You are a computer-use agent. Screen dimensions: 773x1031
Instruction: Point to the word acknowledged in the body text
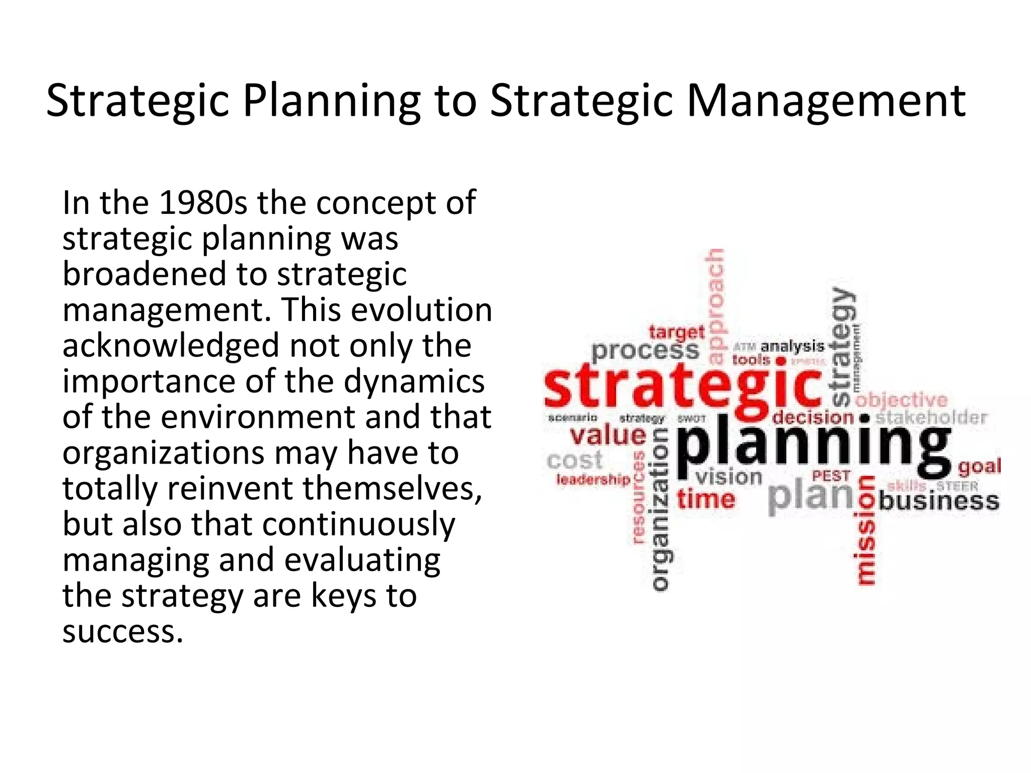coord(171,346)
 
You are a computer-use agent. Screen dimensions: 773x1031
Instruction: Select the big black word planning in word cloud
coord(813,446)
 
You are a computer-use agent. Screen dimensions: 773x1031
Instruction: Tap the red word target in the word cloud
coord(676,332)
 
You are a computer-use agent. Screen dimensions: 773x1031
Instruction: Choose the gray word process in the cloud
coord(645,351)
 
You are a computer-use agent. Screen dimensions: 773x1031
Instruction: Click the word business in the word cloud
coord(939,501)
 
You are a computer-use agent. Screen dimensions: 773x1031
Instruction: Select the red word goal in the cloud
coord(979,467)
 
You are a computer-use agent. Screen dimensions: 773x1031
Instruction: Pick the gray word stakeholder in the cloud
coord(931,418)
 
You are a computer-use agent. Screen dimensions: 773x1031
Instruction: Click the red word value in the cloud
coord(608,436)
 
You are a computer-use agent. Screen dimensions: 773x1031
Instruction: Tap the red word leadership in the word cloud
coord(593,480)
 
